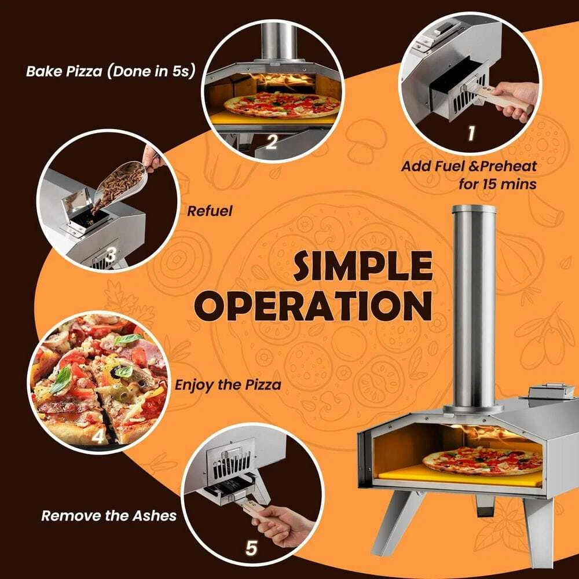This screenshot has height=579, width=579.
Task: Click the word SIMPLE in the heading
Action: [363, 265]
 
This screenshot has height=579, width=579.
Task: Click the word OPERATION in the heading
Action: [313, 306]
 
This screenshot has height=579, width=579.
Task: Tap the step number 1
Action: [471, 133]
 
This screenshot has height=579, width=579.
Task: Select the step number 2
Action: [272, 141]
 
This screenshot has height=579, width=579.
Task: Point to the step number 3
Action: [111, 255]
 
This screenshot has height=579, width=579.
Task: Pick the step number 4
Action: [98, 436]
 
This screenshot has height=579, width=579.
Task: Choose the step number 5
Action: [251, 548]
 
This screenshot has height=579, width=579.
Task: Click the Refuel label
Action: [210, 211]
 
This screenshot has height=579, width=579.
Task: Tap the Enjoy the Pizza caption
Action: [228, 385]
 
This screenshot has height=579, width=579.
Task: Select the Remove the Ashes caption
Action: [109, 515]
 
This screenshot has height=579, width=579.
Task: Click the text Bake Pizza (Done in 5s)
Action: [110, 71]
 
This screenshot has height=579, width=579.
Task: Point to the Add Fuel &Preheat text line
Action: [469, 166]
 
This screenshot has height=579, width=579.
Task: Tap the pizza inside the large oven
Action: [482, 460]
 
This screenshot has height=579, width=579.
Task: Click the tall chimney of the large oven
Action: [474, 306]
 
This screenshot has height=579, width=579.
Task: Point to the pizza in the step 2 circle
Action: [282, 105]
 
